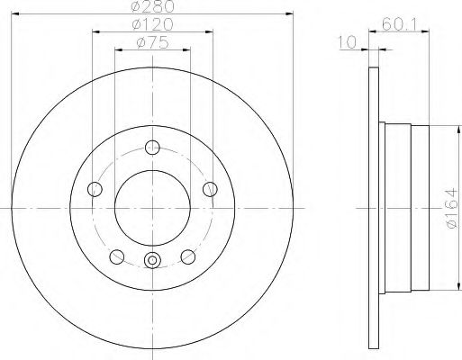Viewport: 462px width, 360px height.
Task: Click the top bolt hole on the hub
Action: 151,148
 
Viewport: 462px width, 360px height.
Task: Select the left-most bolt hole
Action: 94,188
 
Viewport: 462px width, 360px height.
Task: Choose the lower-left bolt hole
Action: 115,256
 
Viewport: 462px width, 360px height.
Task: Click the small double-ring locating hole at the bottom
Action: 151,262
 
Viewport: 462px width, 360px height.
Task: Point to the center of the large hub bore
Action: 151,208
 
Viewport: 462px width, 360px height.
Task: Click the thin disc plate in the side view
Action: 372,208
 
